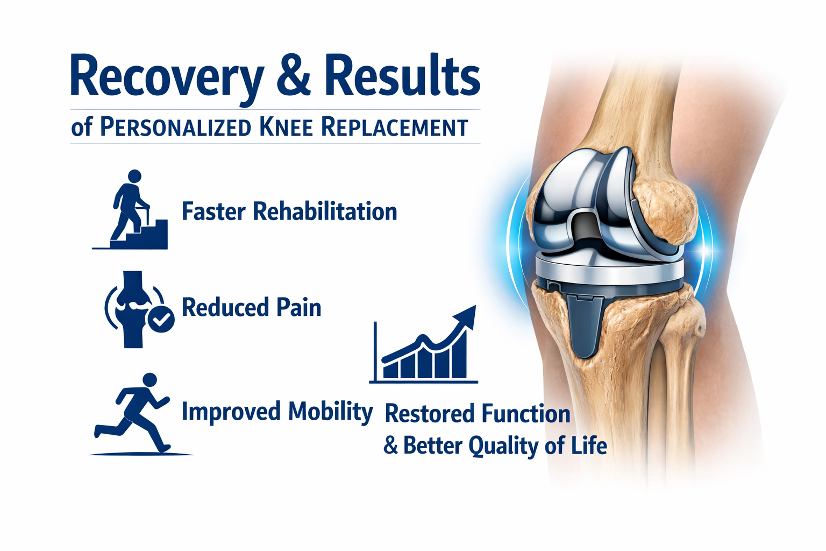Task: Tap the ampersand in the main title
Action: (x=294, y=76)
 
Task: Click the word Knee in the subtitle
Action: (x=286, y=128)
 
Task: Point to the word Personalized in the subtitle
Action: (x=175, y=128)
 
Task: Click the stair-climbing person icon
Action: (x=130, y=209)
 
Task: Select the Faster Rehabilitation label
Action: (x=289, y=211)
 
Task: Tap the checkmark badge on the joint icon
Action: (x=161, y=319)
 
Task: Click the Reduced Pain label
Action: (x=252, y=307)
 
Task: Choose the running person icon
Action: (x=137, y=413)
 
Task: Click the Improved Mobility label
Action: (x=277, y=412)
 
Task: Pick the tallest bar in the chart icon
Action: (x=459, y=354)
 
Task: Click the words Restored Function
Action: (x=477, y=414)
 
